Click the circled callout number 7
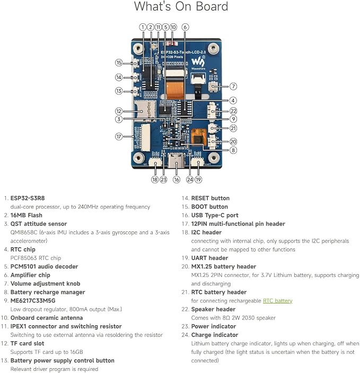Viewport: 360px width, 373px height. [233, 86]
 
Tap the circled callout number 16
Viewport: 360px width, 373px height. [177, 179]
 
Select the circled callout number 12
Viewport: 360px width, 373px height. [119, 111]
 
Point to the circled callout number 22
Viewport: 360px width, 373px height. [233, 111]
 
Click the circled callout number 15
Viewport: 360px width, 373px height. [119, 63]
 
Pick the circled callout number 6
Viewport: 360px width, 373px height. [185, 27]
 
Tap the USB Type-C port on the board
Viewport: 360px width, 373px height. [176, 161]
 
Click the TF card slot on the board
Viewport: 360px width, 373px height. [145, 110]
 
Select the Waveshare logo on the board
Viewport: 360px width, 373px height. [198, 62]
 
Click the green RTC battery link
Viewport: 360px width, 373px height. [277, 301]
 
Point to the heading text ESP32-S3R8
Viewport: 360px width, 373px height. [28, 198]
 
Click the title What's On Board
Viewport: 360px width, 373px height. [181, 6]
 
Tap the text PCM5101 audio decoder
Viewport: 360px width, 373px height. [44, 266]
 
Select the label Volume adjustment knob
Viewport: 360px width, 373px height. [46, 283]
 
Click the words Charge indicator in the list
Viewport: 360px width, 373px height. [215, 335]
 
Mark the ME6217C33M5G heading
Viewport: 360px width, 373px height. [33, 301]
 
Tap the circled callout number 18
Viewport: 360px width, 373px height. [155, 179]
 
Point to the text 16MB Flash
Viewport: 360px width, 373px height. [27, 215]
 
